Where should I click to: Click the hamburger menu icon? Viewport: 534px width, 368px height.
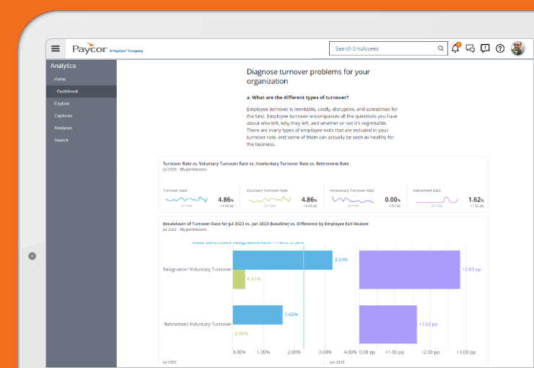[x=56, y=49]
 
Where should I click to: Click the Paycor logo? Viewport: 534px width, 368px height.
[x=89, y=49]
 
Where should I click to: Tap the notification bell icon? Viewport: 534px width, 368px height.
[x=455, y=49]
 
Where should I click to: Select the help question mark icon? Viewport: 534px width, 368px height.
[x=500, y=49]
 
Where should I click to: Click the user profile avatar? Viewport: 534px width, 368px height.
[x=518, y=49]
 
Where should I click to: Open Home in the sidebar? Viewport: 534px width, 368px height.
[x=60, y=79]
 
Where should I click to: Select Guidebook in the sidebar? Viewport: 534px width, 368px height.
[x=67, y=91]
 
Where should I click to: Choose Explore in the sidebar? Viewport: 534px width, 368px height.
[x=61, y=103]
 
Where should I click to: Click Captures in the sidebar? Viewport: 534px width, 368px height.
[x=63, y=115]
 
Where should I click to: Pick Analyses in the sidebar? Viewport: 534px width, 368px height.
[x=63, y=128]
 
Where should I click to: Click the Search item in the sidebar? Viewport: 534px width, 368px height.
[x=61, y=140]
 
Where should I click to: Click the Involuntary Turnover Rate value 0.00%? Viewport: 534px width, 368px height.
[x=391, y=199]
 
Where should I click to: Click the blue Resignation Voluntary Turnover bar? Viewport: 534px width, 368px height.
[x=282, y=260]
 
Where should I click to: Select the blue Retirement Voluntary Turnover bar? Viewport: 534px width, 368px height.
[x=257, y=315]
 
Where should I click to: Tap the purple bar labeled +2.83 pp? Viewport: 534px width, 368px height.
[x=409, y=269]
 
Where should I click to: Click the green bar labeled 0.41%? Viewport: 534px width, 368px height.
[x=239, y=279]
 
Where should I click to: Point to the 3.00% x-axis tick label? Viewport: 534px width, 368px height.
[x=325, y=352]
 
